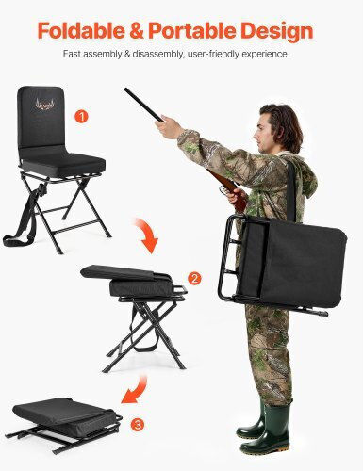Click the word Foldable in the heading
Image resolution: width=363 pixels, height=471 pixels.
(81, 30)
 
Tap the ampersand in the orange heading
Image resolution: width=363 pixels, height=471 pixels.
(136, 31)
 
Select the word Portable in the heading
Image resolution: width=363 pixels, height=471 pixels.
(192, 30)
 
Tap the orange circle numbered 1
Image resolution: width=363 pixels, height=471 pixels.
(81, 117)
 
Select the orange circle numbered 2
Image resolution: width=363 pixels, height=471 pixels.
(194, 278)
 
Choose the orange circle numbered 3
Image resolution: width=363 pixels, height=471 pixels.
(138, 425)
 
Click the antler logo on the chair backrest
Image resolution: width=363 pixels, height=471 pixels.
(45, 105)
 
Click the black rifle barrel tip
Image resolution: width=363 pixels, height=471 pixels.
(125, 89)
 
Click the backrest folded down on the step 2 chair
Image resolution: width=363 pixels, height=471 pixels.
(124, 272)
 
